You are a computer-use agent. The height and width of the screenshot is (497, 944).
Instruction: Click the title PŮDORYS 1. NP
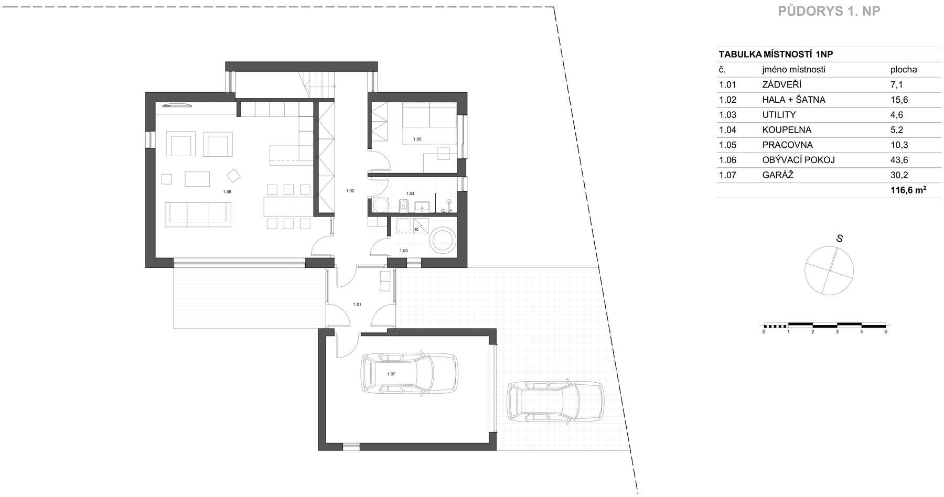coord(829,12)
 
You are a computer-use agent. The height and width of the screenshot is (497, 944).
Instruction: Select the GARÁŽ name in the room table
coord(778,175)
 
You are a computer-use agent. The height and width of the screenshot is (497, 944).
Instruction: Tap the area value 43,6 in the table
coord(899,160)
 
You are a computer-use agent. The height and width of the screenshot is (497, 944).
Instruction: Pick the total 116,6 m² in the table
coord(908,190)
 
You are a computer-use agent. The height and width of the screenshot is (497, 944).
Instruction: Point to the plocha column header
coord(904,70)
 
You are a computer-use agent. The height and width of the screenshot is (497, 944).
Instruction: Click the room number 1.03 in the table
coord(728,115)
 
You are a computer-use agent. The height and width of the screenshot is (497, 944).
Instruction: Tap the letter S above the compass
coord(839,239)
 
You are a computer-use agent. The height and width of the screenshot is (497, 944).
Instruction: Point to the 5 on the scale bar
coord(886,332)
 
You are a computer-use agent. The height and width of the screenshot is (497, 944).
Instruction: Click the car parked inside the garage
coord(408,373)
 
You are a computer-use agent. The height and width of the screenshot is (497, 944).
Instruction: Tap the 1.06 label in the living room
coord(227,192)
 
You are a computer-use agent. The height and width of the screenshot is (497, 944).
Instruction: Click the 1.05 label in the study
coord(417,139)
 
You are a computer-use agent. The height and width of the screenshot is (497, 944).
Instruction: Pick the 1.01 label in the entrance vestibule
coord(357,304)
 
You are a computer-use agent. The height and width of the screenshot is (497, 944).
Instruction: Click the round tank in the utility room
coord(444,241)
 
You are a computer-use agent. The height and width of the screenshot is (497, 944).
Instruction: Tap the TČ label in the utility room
coord(417,230)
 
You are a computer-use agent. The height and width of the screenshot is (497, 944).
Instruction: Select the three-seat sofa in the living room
coord(198,214)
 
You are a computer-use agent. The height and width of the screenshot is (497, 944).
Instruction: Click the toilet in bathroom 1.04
coord(404,205)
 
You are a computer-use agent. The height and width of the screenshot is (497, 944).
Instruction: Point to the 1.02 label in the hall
coord(350,191)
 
